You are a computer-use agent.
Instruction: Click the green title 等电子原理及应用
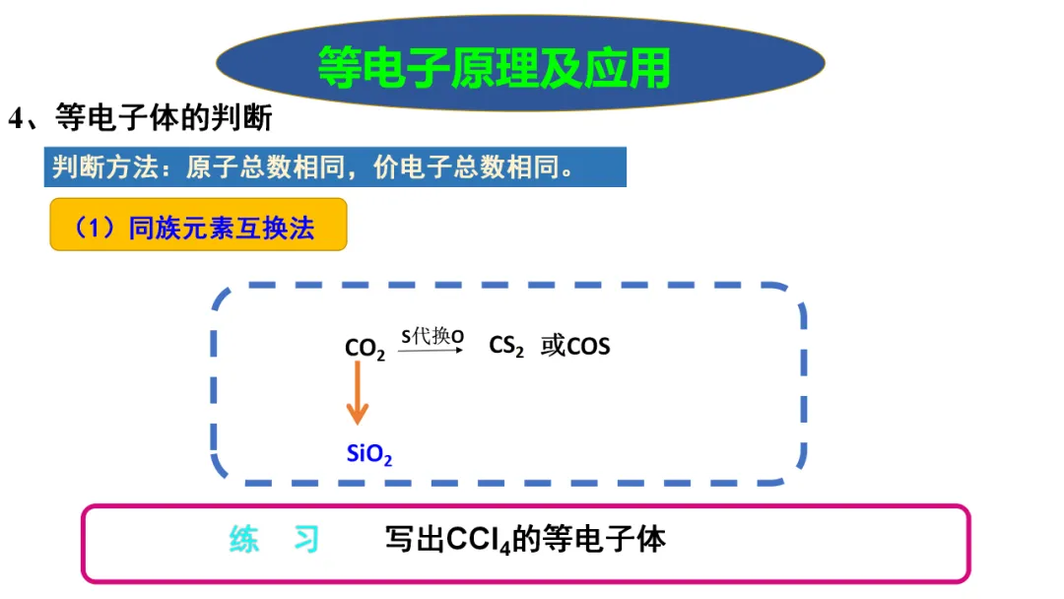click(x=494, y=67)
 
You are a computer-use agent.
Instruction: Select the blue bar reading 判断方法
click(x=335, y=167)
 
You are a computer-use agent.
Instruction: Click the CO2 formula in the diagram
click(x=365, y=349)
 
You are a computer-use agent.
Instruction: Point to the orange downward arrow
click(x=357, y=394)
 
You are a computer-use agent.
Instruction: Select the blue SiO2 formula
click(x=370, y=454)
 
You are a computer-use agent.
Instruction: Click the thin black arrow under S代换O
click(x=431, y=349)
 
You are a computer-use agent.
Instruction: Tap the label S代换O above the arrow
click(x=432, y=336)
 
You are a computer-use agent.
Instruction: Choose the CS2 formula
click(x=506, y=347)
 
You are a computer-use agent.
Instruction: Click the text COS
click(x=588, y=347)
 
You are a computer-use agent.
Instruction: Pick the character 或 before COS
click(x=552, y=347)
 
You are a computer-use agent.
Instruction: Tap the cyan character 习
click(x=306, y=539)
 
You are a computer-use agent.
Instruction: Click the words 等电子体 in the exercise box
click(x=605, y=539)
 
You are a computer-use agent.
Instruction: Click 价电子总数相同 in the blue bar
click(x=467, y=167)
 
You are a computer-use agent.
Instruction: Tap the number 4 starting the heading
click(x=16, y=119)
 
